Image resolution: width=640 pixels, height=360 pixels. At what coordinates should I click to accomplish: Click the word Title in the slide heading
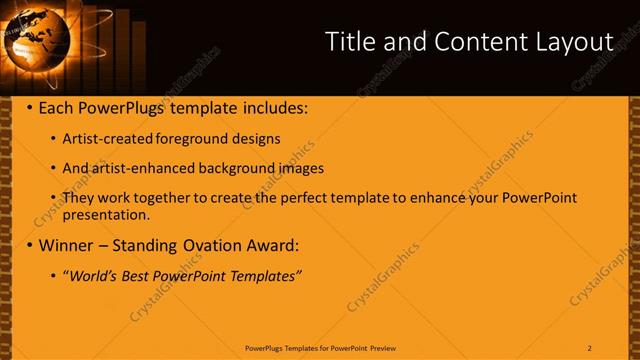point(352,42)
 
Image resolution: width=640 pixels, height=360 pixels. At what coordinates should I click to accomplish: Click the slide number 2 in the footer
point(589,347)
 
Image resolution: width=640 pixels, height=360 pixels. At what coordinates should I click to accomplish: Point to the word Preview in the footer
point(383,347)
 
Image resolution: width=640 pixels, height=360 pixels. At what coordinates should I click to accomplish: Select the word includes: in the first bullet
point(273,107)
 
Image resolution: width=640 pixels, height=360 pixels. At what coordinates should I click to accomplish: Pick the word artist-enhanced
point(137,168)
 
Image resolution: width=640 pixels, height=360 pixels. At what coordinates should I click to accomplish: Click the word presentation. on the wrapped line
point(106,213)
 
